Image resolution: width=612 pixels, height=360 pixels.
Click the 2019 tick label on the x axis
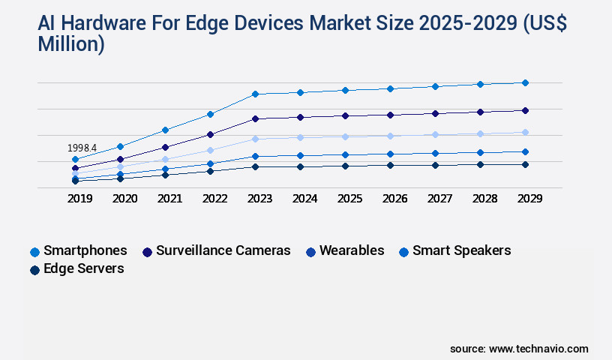(79, 199)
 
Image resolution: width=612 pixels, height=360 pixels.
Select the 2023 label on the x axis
(259, 199)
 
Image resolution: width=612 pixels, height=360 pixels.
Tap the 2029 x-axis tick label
(529, 199)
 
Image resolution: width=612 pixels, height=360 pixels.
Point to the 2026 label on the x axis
(394, 199)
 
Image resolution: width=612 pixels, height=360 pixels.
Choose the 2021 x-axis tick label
(169, 199)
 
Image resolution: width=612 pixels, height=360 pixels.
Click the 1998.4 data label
(82, 148)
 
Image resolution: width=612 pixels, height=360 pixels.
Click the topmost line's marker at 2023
(255, 94)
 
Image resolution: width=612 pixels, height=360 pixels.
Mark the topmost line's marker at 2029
(525, 82)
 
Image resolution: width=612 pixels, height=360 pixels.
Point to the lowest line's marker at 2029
(525, 164)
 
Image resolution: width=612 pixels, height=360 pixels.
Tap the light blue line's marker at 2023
(255, 139)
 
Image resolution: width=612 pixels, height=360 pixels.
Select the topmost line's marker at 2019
(75, 160)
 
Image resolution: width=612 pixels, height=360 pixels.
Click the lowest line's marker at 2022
(210, 171)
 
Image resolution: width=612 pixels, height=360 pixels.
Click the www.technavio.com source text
(538, 349)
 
